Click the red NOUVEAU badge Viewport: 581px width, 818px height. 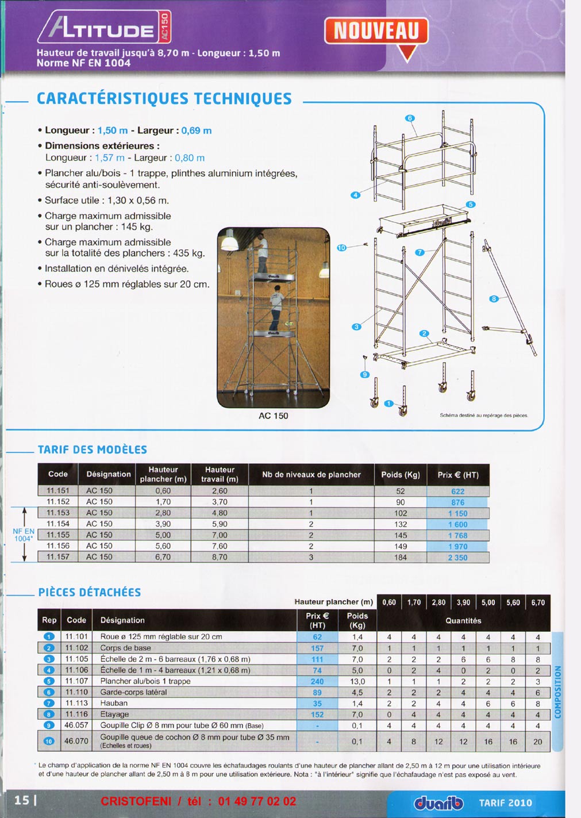pos(376,30)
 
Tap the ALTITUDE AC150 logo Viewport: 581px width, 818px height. pos(104,28)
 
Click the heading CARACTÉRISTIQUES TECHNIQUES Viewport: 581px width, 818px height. pos(164,99)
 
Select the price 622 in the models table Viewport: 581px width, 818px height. pos(457,491)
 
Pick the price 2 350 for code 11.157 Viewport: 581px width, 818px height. pos(457,558)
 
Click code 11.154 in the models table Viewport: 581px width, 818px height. pos(58,524)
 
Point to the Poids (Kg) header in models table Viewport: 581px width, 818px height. pos(401,475)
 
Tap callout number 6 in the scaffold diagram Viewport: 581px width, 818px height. pos(410,118)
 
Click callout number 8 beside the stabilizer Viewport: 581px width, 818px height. pos(494,298)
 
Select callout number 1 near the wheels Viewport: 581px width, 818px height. pos(388,404)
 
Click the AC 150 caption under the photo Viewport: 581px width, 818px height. pos(273,416)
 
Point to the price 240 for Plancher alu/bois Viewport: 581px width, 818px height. pos(317,681)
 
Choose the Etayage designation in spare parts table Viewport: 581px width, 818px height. pos(114,714)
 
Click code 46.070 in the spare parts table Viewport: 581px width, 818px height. pos(76,741)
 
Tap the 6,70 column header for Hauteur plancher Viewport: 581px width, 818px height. pos(538,602)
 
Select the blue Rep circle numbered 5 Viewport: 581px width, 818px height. pos(49,681)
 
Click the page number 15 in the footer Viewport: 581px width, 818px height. pos(21,800)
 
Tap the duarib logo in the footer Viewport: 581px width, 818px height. pos(438,802)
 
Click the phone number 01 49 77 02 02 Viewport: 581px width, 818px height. pos(257,801)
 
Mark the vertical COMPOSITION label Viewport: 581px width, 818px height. pos(557,692)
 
